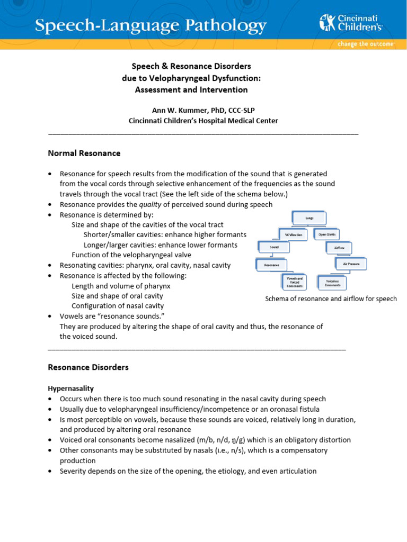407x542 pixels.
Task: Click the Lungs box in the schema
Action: click(309, 218)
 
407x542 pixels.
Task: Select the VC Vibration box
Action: click(293, 234)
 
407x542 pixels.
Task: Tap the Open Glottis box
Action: click(328, 233)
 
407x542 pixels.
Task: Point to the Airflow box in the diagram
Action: click(339, 247)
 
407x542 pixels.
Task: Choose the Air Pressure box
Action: click(350, 263)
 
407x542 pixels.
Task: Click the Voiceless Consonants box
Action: click(333, 282)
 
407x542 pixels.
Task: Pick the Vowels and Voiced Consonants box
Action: click(295, 282)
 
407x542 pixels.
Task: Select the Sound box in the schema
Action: click(275, 247)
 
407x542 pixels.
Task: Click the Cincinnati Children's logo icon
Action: click(327, 23)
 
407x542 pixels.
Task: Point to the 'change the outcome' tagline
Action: click(366, 44)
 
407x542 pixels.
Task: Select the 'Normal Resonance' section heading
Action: click(84, 153)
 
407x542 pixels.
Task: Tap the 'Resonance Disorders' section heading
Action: click(88, 367)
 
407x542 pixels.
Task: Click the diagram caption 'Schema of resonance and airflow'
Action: click(331, 299)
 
